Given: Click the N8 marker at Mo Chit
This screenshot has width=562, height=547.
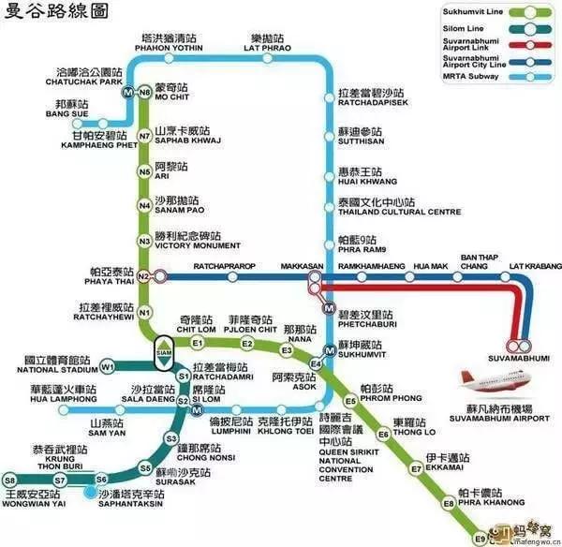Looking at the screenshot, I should click(144, 93).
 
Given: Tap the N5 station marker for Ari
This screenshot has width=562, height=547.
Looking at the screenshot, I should click(144, 171).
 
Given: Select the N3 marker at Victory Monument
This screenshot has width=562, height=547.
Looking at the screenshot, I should click(144, 242).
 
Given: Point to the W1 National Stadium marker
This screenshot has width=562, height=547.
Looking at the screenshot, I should click(108, 365).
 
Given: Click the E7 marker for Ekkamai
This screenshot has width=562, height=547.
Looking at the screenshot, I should click(416, 468).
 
